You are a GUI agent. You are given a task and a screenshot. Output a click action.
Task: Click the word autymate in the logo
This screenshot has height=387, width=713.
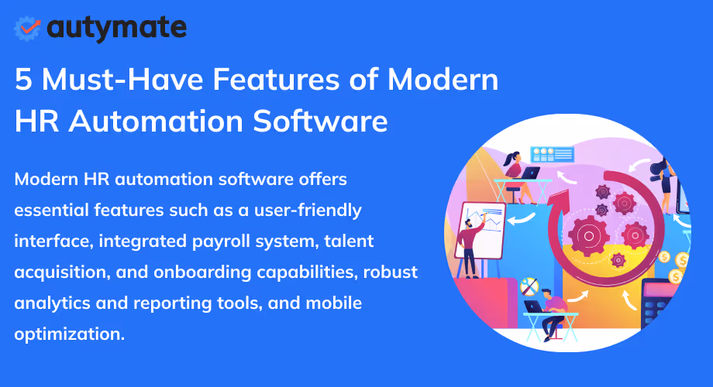(116, 28)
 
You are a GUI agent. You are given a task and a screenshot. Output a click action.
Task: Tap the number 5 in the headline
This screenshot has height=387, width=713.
(24, 80)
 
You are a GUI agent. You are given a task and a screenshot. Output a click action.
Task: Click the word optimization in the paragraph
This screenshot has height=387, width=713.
(69, 334)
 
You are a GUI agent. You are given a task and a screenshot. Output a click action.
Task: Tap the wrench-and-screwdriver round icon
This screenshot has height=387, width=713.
(529, 287)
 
